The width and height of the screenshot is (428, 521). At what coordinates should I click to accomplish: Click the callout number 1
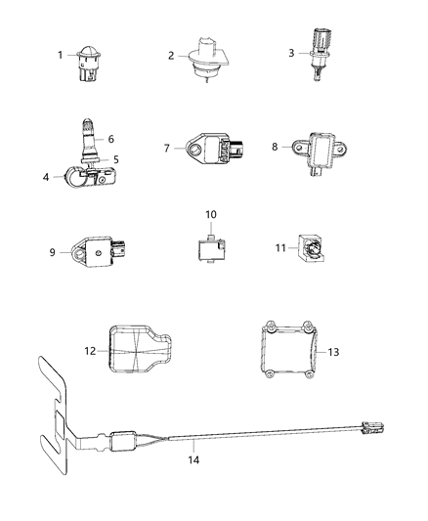pyautogui.click(x=61, y=55)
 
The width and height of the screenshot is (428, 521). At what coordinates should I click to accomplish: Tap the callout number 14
pyautogui.click(x=193, y=459)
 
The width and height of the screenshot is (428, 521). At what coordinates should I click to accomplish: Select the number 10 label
pyautogui.click(x=211, y=215)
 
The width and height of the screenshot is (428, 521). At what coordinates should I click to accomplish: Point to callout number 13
pyautogui.click(x=333, y=352)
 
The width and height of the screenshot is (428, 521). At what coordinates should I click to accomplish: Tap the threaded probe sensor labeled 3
pyautogui.click(x=320, y=55)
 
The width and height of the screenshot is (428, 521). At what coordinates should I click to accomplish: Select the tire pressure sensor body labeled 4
pyautogui.click(x=89, y=177)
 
